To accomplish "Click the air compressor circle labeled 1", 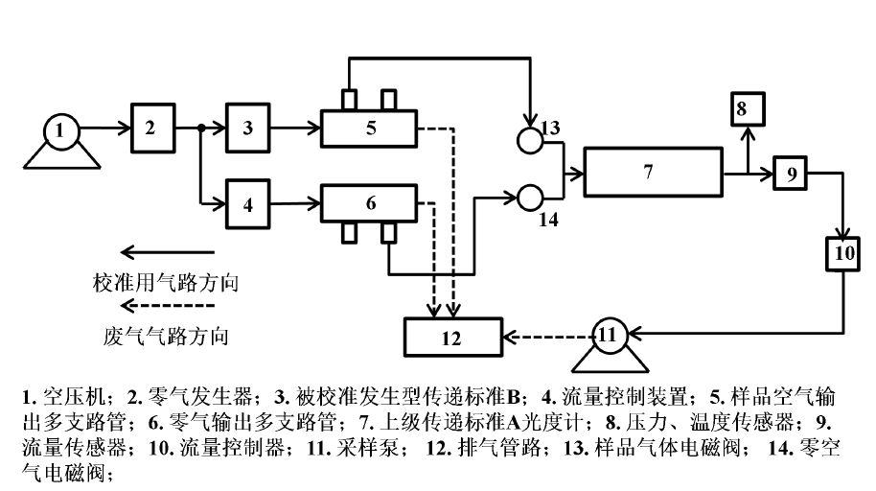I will pos(61,129).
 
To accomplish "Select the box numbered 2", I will pos(150,128).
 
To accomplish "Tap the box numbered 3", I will pos(248,128).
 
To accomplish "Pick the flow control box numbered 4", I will pos(248,203).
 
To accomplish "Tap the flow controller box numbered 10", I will pos(844,253).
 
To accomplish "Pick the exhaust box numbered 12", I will pos(452,337).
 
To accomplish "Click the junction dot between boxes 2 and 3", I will pos(200,128).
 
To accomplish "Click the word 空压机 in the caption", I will pos(65,397).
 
